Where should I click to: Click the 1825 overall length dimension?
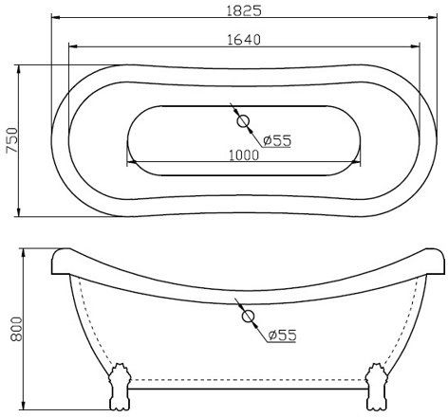244,10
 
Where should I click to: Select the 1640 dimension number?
244,40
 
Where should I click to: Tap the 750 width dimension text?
12,140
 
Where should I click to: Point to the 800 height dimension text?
16,329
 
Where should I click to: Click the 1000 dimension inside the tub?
244,155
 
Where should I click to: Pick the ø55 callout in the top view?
277,140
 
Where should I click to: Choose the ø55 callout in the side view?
282,335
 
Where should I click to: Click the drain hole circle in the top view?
243,121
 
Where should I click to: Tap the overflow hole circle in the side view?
248,316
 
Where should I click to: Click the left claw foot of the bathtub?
120,387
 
